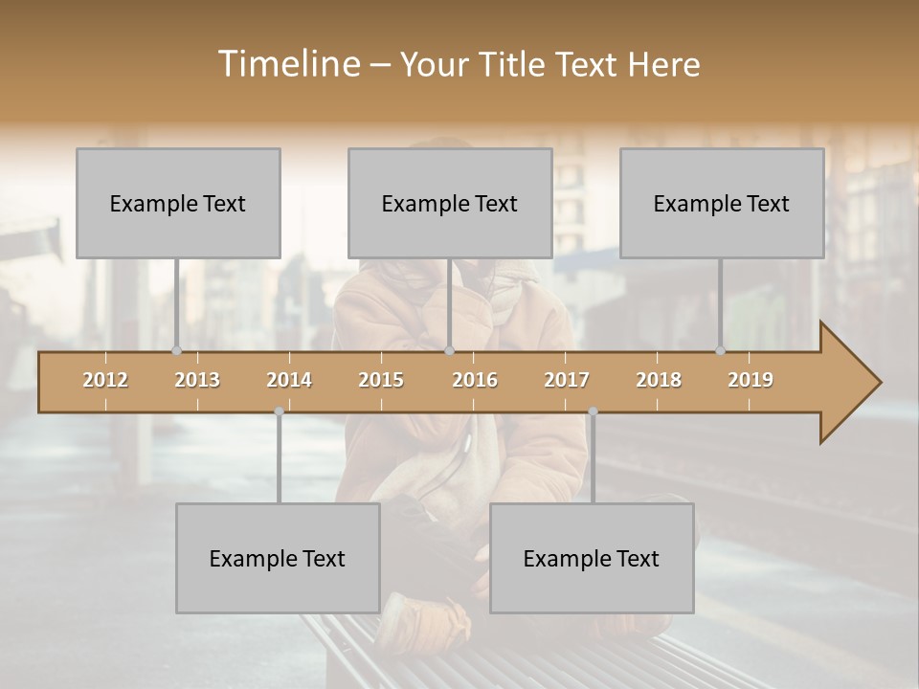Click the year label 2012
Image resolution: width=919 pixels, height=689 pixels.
click(105, 380)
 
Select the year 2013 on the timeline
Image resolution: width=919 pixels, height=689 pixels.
click(197, 380)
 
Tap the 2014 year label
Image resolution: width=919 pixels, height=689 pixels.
click(289, 380)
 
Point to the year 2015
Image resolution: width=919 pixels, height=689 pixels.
click(381, 380)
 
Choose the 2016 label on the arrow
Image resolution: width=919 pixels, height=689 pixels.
click(475, 380)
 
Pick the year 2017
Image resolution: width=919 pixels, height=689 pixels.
click(567, 380)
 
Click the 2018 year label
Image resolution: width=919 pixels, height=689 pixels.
click(659, 380)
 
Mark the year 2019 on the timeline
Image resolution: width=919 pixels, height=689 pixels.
click(751, 380)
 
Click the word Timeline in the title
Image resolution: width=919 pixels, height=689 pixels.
click(288, 64)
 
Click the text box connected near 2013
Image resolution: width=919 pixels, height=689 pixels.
click(178, 203)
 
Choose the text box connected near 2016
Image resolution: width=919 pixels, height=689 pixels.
click(450, 203)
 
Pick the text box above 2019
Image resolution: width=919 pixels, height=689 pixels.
click(722, 203)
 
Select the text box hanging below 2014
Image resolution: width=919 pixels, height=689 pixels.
click(278, 558)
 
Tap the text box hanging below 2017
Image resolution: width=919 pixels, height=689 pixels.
click(592, 558)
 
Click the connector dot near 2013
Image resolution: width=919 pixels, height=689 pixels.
click(176, 350)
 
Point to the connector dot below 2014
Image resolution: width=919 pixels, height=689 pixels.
click(279, 411)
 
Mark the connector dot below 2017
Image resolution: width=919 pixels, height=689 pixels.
click(593, 411)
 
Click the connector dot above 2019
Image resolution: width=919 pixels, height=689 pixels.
click(720, 350)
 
